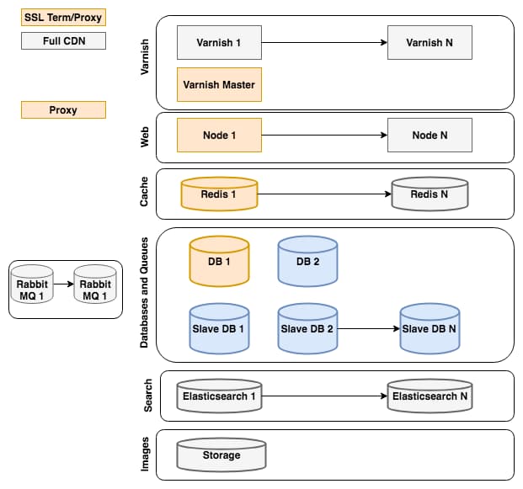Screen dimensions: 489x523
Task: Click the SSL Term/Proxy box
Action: pyautogui.click(x=63, y=17)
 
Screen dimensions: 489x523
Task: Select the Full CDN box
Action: pyautogui.click(x=63, y=40)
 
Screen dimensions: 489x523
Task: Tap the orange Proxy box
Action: pyautogui.click(x=63, y=109)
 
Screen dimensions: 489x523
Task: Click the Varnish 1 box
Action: pyautogui.click(x=219, y=42)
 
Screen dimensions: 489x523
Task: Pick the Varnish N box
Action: pyautogui.click(x=430, y=42)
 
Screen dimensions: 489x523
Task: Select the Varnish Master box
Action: pyautogui.click(x=219, y=84)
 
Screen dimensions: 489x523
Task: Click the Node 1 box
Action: pyautogui.click(x=219, y=135)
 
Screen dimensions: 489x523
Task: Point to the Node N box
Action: pyautogui.click(x=430, y=135)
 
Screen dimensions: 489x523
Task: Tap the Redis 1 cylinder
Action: pyautogui.click(x=219, y=194)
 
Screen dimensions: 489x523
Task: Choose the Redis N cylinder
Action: pyautogui.click(x=430, y=194)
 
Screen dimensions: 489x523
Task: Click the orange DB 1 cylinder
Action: pyautogui.click(x=219, y=261)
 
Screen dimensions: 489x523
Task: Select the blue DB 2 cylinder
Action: pyautogui.click(x=307, y=261)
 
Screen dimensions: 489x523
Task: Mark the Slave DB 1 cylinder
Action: pyautogui.click(x=219, y=328)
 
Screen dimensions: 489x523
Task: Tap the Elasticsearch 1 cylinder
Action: pyautogui.click(x=219, y=396)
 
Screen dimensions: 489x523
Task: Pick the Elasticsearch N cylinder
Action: pyautogui.click(x=430, y=396)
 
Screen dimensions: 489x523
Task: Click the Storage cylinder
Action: pyautogui.click(x=221, y=455)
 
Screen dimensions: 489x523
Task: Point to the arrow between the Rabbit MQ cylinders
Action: pyautogui.click(x=63, y=284)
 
